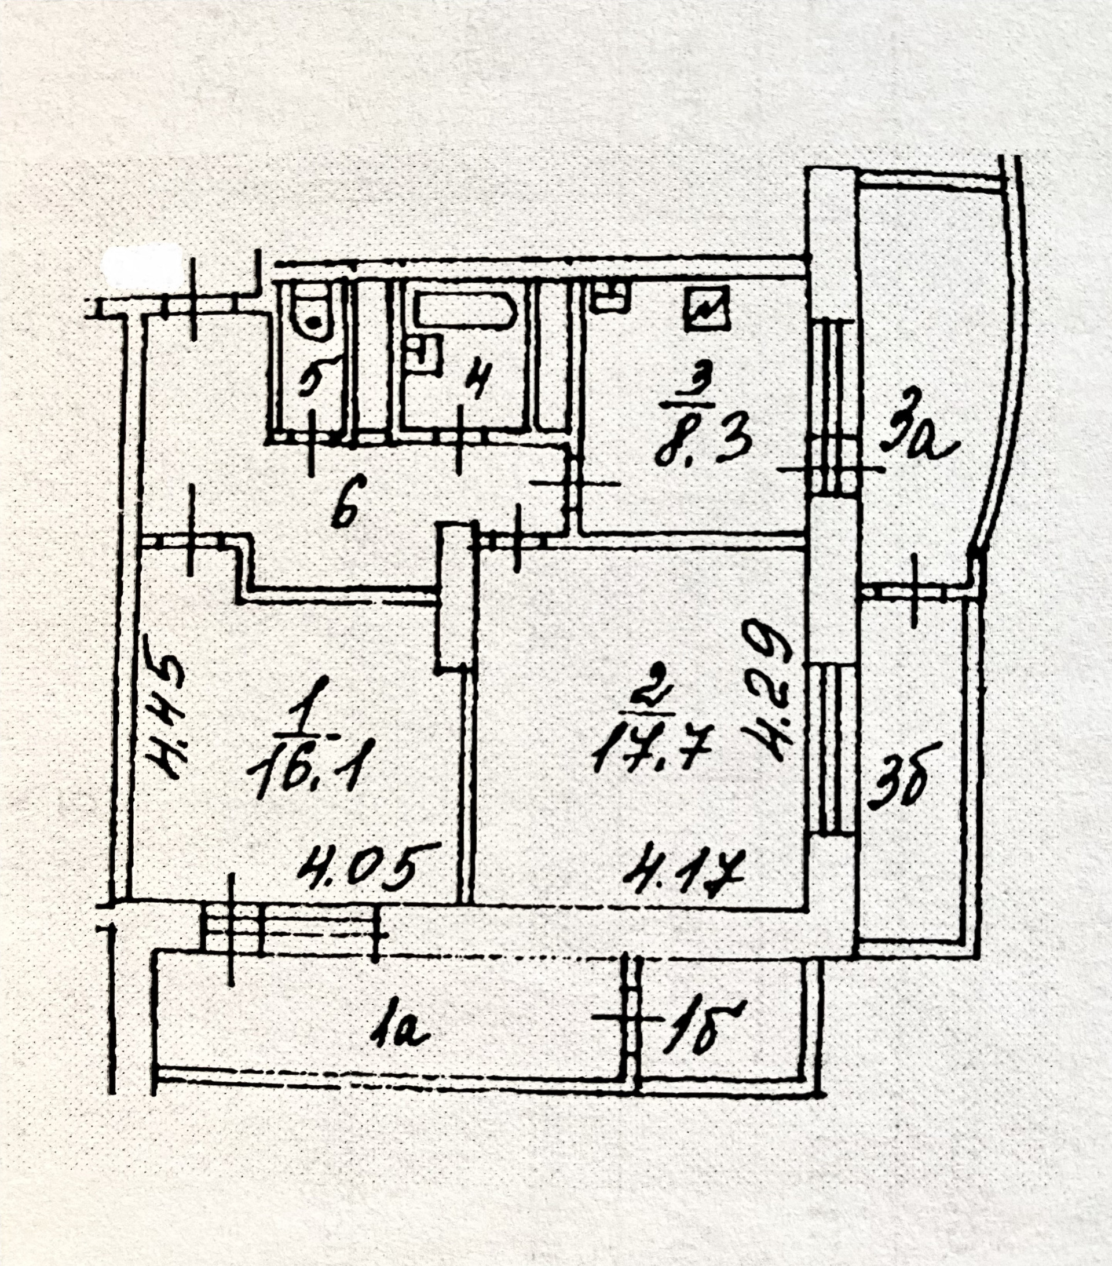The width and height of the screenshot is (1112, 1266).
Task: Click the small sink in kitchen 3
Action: click(x=610, y=297)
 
